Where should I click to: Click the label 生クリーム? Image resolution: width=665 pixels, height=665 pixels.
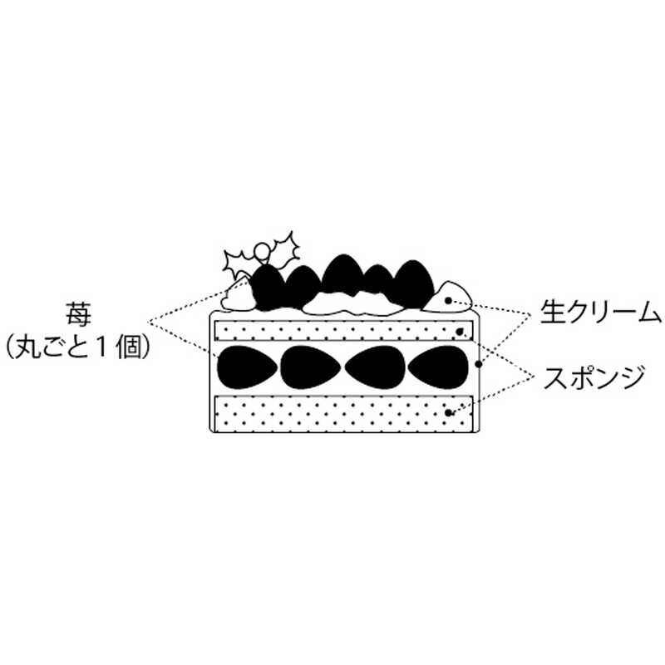[x=600, y=313]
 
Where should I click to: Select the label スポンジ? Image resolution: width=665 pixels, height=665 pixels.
[x=594, y=377]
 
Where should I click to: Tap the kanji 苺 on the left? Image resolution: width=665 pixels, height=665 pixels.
[x=78, y=314]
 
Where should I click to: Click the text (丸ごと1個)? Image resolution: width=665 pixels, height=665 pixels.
[x=78, y=347]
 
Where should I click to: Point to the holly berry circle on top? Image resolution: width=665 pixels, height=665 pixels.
[x=263, y=250]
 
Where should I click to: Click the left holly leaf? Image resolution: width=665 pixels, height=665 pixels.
[x=239, y=263]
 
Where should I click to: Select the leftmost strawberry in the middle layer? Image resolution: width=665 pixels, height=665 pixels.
[x=247, y=367]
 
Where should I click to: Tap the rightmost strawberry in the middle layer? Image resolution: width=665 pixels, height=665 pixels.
[x=438, y=367]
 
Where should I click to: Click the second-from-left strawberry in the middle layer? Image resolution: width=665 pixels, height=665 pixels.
[x=311, y=367]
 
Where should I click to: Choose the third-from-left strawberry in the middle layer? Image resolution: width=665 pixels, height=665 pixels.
[x=375, y=367]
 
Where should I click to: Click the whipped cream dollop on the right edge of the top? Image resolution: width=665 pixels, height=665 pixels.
[x=447, y=298]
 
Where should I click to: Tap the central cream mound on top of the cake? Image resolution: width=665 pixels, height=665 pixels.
[x=352, y=303]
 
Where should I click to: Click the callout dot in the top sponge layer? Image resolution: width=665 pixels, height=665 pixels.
[x=460, y=332]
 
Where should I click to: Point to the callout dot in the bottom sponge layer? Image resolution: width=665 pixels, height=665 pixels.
[x=448, y=412]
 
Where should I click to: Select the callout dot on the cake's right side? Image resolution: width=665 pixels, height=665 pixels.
[x=479, y=364]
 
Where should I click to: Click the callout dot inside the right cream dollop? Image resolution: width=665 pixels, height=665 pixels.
[x=448, y=301]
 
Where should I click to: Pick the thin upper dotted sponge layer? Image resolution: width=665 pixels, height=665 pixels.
[x=343, y=330]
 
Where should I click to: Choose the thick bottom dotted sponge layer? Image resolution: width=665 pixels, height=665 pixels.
[x=343, y=413]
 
